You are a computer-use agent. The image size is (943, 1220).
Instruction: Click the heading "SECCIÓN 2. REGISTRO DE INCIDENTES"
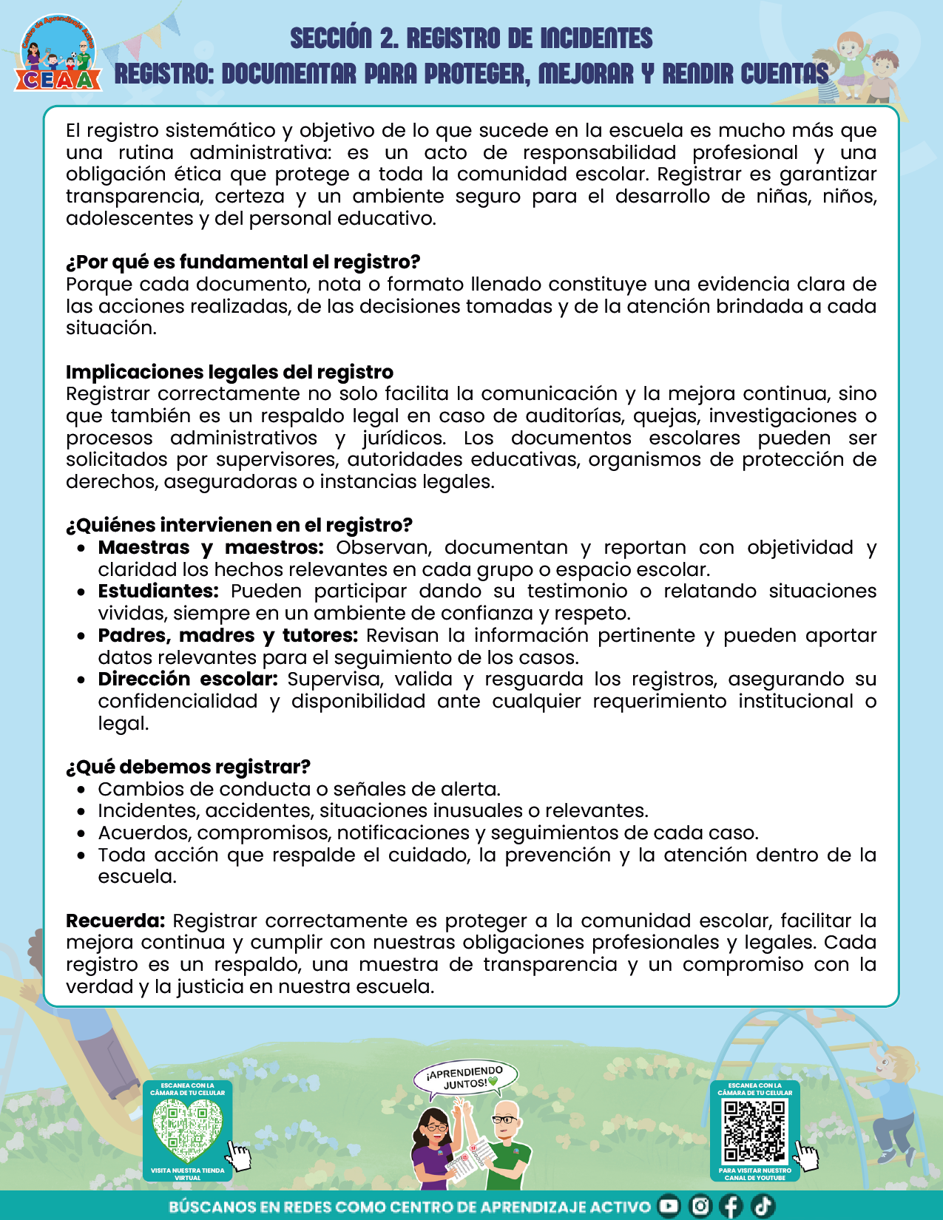471,38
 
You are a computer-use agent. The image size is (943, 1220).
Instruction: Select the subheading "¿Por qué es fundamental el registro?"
243,262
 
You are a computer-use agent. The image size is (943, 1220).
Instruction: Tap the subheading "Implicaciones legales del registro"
229,372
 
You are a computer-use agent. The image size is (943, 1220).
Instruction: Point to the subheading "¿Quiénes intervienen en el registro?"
239,525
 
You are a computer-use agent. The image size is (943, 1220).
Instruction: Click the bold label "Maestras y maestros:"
211,547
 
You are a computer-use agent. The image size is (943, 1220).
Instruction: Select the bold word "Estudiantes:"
158,591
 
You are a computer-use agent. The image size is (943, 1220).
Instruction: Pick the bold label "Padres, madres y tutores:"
228,635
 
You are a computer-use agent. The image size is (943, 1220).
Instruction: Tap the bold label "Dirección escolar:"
188,679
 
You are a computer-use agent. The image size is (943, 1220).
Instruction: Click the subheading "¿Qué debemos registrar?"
188,767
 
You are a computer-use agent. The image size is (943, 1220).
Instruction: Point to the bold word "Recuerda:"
115,921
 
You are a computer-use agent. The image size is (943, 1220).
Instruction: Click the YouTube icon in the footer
669,1206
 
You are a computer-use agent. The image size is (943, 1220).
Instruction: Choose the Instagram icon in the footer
700,1206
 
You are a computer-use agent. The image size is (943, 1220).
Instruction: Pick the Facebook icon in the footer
731,1206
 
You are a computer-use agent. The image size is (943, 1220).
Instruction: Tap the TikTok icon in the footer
763,1206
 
